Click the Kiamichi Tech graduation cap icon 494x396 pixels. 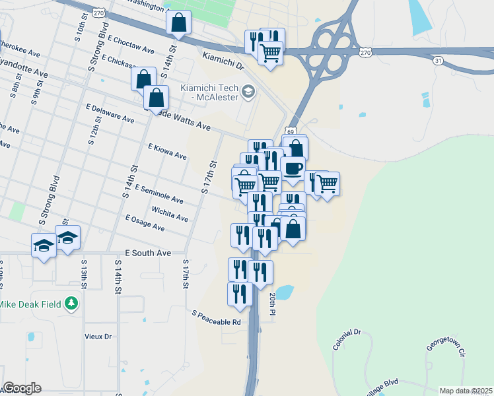click(x=248, y=91)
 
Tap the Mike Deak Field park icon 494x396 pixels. click(x=71, y=304)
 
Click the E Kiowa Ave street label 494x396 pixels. click(x=167, y=152)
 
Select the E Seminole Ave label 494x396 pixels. click(x=159, y=193)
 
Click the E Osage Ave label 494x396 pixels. click(x=144, y=222)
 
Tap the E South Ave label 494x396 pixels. click(x=148, y=253)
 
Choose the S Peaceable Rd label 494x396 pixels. click(x=217, y=317)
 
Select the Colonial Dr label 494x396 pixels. click(x=347, y=340)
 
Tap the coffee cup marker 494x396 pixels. click(x=293, y=168)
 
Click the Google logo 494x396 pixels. click(x=22, y=387)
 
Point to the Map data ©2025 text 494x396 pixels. click(x=466, y=391)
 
